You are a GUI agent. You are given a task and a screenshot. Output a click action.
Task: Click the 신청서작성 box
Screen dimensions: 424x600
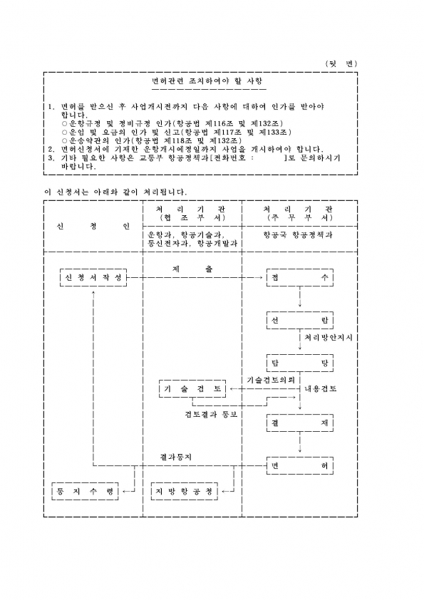(x=93, y=278)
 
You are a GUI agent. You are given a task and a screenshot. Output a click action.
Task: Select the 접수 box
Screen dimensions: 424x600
(x=299, y=278)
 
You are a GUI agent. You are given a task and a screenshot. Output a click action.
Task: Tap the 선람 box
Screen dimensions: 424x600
(x=299, y=320)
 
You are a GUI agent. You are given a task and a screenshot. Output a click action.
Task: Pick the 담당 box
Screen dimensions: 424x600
(x=299, y=363)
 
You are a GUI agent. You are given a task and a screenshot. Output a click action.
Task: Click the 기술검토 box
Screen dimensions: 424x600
(x=192, y=389)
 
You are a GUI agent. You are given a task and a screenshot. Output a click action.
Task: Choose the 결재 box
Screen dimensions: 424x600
(x=299, y=423)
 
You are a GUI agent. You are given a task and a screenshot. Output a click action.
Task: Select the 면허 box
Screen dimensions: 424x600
(x=299, y=466)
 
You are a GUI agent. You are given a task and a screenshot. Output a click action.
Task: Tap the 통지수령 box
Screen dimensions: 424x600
(x=85, y=491)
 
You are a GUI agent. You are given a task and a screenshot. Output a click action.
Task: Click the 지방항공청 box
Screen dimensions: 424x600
(x=184, y=491)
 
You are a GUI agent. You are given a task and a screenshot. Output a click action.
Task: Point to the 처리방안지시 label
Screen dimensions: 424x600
(x=329, y=338)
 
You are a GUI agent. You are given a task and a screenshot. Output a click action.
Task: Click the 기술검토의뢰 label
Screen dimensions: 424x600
(x=271, y=380)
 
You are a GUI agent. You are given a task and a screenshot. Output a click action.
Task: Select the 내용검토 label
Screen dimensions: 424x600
(x=321, y=389)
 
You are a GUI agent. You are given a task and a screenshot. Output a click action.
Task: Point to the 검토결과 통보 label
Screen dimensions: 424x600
(x=211, y=415)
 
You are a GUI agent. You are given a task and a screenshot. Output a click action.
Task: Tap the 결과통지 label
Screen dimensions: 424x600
(x=175, y=457)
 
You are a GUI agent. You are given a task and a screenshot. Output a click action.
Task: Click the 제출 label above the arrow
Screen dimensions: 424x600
(x=192, y=269)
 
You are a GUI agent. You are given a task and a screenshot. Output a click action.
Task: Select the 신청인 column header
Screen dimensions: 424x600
(x=93, y=226)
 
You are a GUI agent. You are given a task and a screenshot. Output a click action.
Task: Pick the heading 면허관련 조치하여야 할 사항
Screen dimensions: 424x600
(x=207, y=81)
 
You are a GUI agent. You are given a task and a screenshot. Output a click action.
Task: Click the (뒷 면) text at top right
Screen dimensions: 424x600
(x=341, y=64)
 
